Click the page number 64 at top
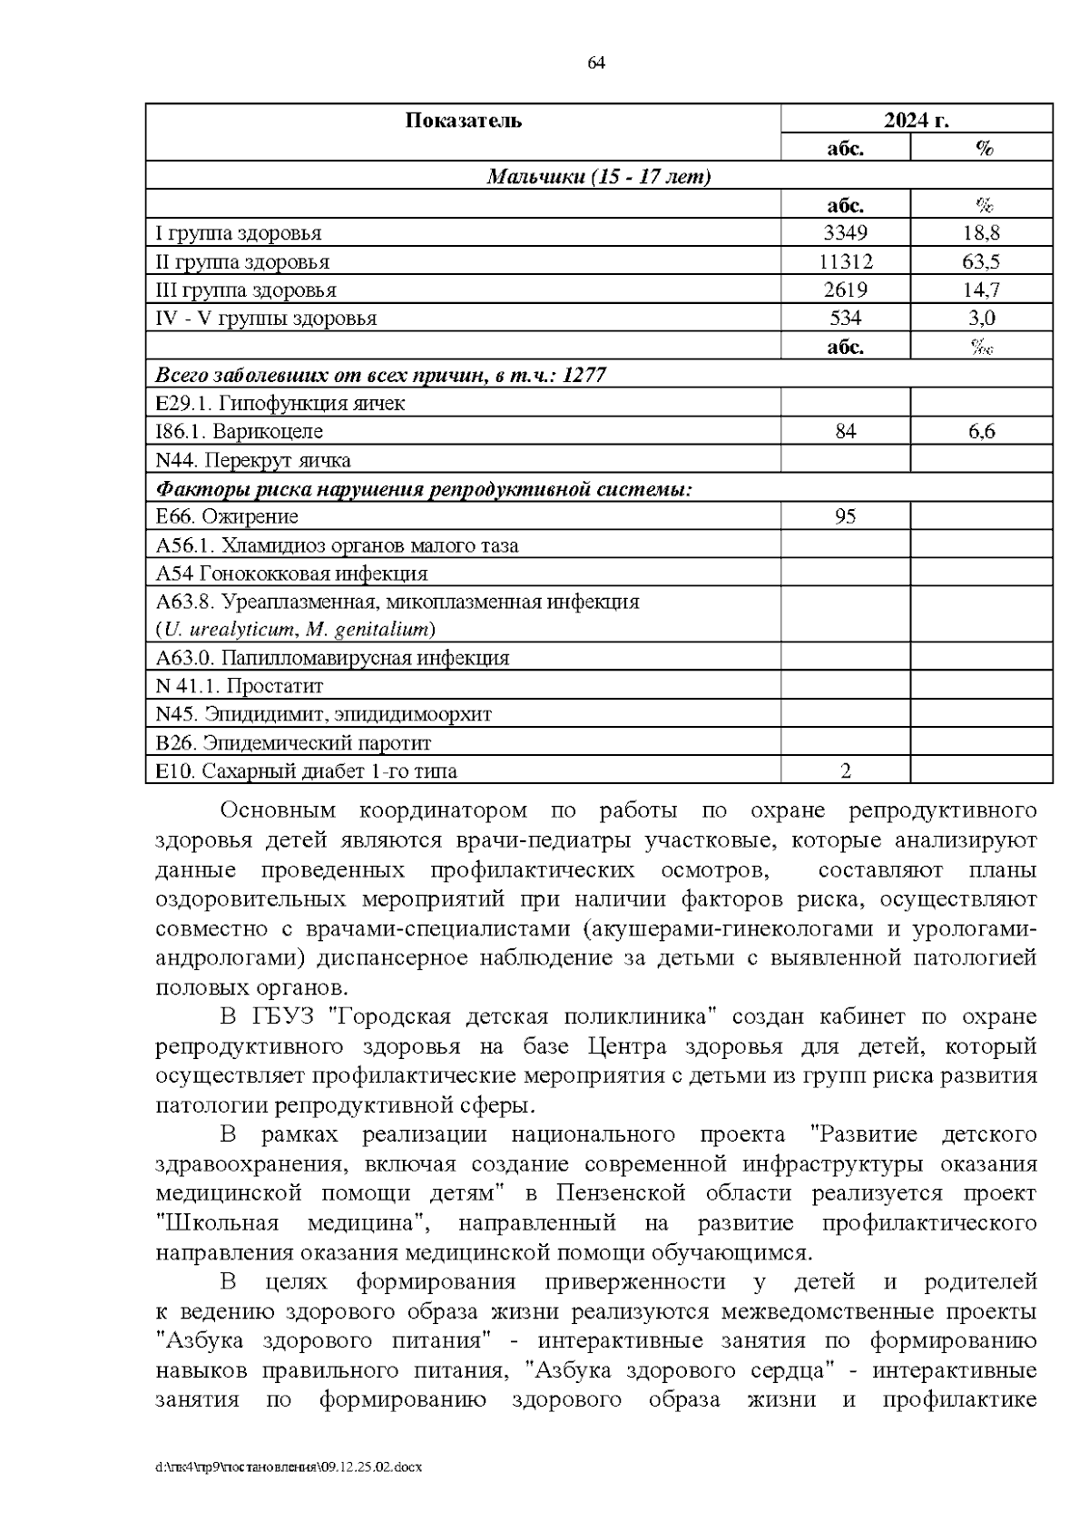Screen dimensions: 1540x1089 click(x=596, y=64)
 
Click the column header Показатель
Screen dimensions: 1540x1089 click(x=463, y=120)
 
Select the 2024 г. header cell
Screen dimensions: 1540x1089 click(x=917, y=120)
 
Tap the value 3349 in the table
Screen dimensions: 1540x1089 click(x=845, y=233)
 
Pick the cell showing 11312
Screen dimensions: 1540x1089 click(x=845, y=262)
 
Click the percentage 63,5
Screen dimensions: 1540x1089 click(x=981, y=262)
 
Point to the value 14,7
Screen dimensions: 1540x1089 click(x=981, y=290)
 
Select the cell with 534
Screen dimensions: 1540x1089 click(x=845, y=319)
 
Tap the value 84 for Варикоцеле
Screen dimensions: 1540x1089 click(x=845, y=432)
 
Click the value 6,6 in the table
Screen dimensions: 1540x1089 click(x=981, y=432)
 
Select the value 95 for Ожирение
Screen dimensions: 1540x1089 click(x=845, y=517)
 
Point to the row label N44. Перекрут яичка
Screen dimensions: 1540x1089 click(x=253, y=460)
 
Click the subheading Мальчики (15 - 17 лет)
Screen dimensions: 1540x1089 click(x=599, y=177)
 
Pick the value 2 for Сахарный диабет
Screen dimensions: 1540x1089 click(x=845, y=772)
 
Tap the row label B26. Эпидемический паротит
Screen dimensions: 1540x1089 click(x=293, y=743)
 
